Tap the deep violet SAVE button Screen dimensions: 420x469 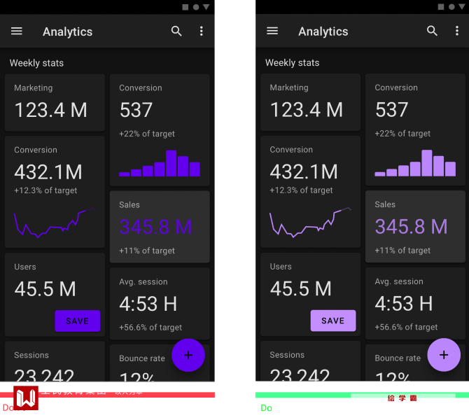coord(77,321)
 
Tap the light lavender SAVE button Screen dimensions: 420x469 coord(333,321)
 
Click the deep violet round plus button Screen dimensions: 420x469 coord(188,355)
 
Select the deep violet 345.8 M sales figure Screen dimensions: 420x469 coord(155,227)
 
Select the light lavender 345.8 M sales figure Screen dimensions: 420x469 coord(411,227)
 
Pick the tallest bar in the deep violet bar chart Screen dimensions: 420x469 coord(171,163)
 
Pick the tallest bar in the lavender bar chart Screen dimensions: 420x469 coord(427,163)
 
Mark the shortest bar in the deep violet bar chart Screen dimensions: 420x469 coord(125,174)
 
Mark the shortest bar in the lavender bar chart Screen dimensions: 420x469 coord(380,174)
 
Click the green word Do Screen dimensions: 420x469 coord(266,408)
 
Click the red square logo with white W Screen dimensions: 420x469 coord(26,398)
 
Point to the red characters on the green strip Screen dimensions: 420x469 coord(402,398)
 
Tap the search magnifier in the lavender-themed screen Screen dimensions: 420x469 coord(433,31)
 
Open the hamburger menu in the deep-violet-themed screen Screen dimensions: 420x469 coord(17,31)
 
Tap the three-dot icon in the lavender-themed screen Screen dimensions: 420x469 coord(457,31)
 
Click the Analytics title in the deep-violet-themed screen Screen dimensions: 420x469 coord(67,31)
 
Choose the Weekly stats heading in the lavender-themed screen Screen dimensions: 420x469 coord(292,63)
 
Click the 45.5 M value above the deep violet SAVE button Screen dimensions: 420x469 coord(45,288)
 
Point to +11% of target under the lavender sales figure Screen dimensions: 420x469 coord(402,251)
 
